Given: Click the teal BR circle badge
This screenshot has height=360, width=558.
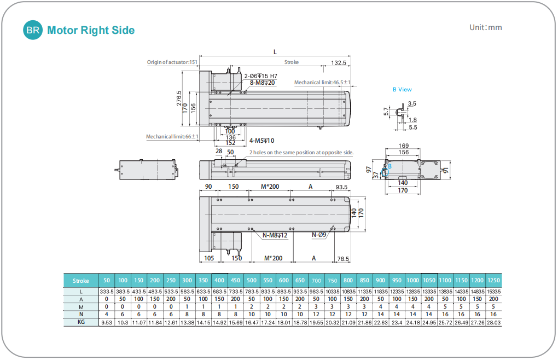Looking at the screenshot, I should (x=33, y=30).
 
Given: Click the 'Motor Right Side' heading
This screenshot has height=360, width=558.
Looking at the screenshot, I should (x=91, y=31).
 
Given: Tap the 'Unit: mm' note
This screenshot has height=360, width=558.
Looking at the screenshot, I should (x=485, y=27).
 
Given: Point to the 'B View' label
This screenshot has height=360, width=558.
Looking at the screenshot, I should (x=402, y=89).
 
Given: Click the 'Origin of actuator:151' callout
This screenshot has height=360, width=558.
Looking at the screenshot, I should (x=172, y=62).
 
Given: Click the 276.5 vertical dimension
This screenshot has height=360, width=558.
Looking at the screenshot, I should (x=179, y=97).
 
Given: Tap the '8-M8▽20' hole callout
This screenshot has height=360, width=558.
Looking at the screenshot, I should (x=263, y=83).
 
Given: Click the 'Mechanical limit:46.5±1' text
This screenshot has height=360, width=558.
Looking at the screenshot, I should (x=322, y=83).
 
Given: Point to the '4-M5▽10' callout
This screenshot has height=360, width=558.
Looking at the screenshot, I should (x=261, y=141).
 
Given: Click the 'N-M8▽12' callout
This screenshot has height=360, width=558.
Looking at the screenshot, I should (x=275, y=235).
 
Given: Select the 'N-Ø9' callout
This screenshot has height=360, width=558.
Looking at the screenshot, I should (x=319, y=235).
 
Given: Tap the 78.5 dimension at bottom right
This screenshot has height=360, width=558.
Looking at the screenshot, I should (x=344, y=258).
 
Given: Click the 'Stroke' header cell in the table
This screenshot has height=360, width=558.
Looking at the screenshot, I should (x=80, y=281).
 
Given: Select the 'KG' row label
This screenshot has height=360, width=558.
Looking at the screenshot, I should (x=80, y=322).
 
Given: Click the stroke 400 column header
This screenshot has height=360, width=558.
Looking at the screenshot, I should (x=219, y=280).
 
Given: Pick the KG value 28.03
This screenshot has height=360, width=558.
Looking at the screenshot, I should (x=493, y=323).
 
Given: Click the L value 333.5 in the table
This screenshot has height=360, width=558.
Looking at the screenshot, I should (x=106, y=292).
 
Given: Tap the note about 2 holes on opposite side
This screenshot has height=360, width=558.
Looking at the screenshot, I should (x=301, y=153).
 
